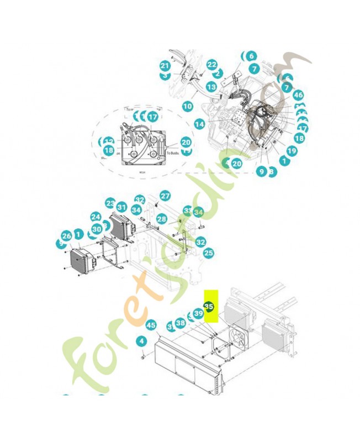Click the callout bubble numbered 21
point(164,66)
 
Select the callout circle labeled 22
point(212,65)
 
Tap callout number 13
point(211,87)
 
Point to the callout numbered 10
point(187,106)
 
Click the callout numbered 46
point(299,95)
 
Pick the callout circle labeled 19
point(292,150)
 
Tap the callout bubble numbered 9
point(261,172)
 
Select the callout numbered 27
point(165,196)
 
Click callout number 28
point(161,220)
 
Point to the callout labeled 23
point(110,204)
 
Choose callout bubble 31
point(122,207)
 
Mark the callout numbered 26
point(67,236)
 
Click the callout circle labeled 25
point(208,253)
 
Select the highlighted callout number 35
point(209,306)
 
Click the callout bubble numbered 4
point(142,341)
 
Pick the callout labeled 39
point(199,314)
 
